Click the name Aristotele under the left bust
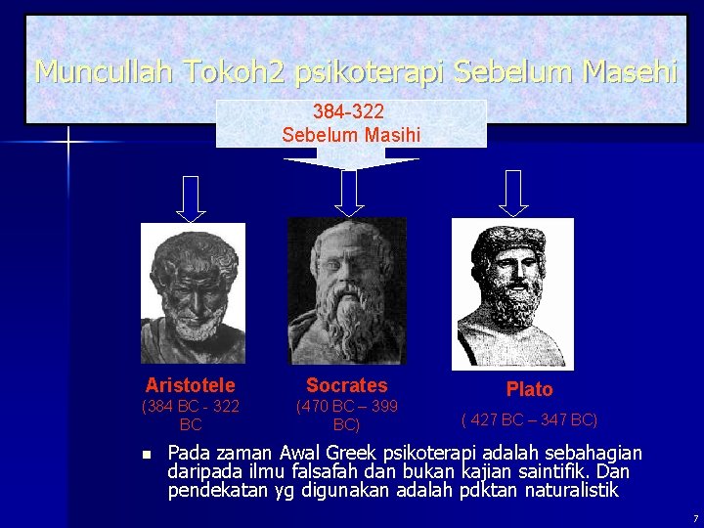(190, 385)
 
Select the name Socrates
(346, 385)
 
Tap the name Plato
(529, 389)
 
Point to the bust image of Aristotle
(193, 292)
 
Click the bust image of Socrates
(347, 291)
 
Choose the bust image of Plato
(512, 292)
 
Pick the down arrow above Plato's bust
(513, 193)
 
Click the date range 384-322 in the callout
(348, 113)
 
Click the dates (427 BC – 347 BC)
(529, 419)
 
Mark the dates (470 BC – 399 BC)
(346, 416)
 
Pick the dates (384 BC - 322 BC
(191, 416)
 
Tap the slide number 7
(694, 516)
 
